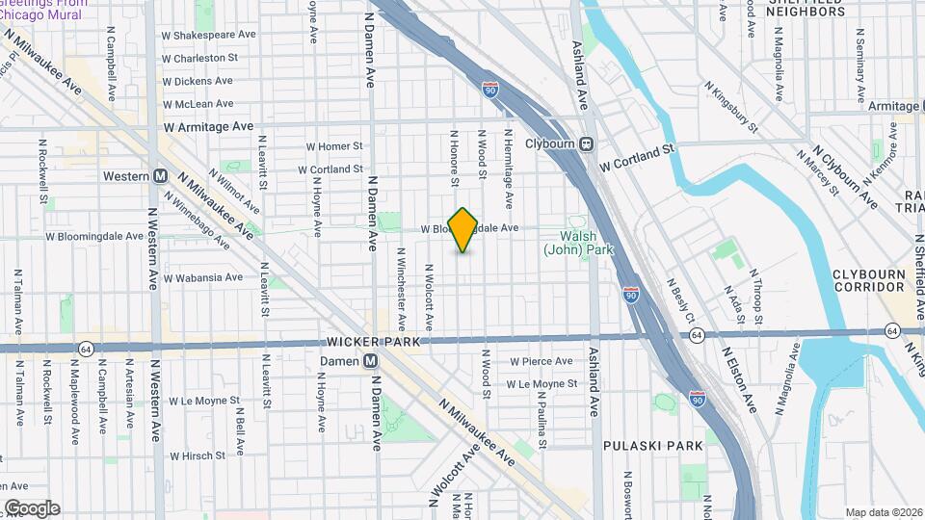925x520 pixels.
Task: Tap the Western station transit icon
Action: pos(160,176)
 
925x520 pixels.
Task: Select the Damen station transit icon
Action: pos(370,361)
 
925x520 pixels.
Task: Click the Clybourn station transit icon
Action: pos(586,144)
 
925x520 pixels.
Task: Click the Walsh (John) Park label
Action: pos(578,243)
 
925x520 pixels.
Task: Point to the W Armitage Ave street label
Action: pos(208,126)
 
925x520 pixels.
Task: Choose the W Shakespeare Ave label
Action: pos(209,34)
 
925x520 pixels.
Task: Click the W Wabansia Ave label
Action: pos(203,277)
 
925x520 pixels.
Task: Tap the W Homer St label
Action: pos(333,146)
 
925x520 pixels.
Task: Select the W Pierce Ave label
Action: pos(542,362)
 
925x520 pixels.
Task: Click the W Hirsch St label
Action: pos(199,455)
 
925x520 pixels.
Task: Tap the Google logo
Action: pos(32,507)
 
